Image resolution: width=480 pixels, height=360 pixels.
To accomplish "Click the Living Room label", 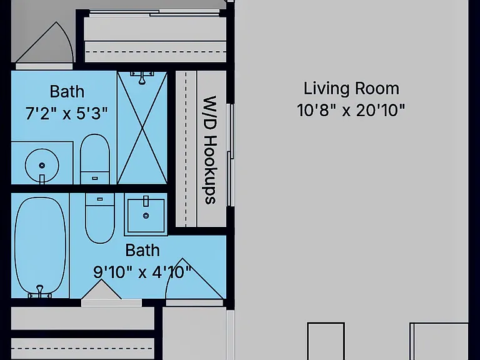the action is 351,89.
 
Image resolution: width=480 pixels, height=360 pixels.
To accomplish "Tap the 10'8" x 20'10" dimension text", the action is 351,110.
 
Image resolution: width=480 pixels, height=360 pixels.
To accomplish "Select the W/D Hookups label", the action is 210,150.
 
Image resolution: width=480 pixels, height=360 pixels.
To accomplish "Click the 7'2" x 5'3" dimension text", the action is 66,113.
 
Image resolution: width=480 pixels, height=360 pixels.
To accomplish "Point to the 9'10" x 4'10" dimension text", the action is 142,272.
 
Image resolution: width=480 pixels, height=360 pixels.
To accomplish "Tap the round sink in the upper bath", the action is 42,166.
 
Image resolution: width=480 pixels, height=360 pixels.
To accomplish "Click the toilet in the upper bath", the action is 94,159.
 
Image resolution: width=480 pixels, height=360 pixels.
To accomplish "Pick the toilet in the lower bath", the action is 100,218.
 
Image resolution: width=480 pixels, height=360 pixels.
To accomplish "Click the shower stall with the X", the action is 142,127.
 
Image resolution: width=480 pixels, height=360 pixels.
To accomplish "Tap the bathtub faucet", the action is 40,291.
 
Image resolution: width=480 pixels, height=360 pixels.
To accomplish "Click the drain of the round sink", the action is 42,166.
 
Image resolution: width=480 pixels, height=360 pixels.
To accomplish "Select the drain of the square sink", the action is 146,216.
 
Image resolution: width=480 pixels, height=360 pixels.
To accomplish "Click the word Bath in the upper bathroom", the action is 67,91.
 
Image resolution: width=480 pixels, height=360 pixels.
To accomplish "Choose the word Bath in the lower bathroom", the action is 142,251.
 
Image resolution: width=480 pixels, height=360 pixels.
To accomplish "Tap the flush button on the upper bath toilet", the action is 95,178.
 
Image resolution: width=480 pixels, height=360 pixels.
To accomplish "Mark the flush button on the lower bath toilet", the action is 100,199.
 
